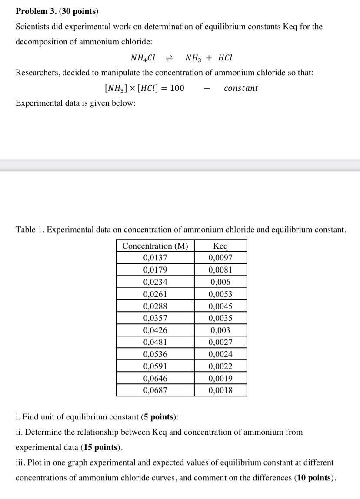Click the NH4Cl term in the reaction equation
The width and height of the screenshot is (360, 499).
pos(143,58)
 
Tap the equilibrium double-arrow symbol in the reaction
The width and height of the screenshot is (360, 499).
pos(170,58)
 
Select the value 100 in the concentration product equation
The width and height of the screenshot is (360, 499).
pos(177,88)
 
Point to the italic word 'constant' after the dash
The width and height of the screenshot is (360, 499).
pos(241,88)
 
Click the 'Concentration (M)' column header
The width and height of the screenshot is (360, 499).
pos(155,246)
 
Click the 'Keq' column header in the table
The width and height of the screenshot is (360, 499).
pos(220,246)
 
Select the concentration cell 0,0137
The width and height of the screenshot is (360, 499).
pos(155,258)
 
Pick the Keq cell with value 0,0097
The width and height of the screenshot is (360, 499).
pos(220,258)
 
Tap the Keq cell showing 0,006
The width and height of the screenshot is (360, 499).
pos(220,282)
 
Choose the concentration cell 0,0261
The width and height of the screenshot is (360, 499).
pos(155,294)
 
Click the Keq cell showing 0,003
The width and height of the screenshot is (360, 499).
pos(220,330)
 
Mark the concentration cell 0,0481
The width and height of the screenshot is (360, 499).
pos(155,343)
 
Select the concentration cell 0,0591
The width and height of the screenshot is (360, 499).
pos(155,366)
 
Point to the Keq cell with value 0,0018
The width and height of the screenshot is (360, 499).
pos(220,390)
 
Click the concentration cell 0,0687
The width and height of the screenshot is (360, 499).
pos(155,390)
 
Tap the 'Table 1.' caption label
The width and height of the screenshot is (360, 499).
pos(30,230)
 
